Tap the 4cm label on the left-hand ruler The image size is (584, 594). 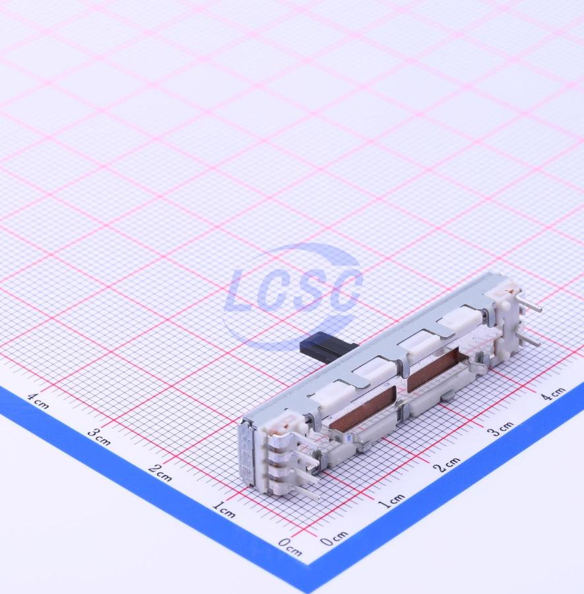(38, 401)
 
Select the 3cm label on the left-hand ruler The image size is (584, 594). (99, 437)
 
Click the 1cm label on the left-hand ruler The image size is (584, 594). (224, 510)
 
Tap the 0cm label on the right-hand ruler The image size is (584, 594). (335, 538)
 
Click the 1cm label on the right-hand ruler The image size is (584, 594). (391, 501)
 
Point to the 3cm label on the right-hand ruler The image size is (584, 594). (500, 429)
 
